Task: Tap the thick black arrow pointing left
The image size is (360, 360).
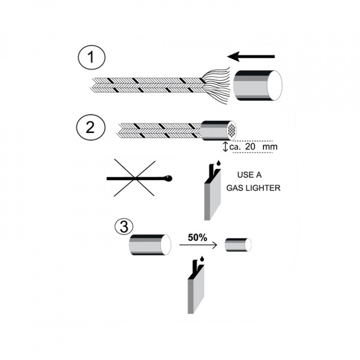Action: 254,56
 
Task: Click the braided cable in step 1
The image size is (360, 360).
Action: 145,85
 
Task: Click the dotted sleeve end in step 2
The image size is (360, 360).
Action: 231,130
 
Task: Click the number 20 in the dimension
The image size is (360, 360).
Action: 254,147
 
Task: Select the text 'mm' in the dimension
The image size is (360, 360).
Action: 270,147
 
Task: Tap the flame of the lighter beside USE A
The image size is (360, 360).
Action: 218,163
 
